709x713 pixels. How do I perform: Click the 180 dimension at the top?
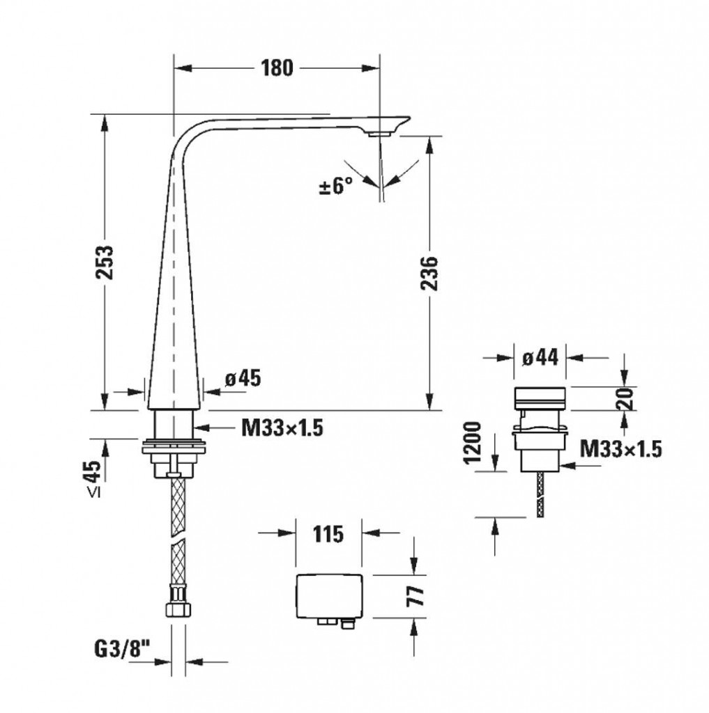click(x=277, y=68)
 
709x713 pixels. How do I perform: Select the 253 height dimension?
click(x=105, y=263)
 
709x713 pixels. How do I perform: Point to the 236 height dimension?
click(x=429, y=273)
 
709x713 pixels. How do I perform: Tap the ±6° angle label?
click(x=336, y=186)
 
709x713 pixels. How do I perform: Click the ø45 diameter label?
click(x=243, y=378)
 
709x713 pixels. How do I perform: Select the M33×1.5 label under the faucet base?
click(x=282, y=428)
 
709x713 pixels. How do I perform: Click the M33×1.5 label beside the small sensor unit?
click(x=620, y=449)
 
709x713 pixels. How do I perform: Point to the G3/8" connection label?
click(x=122, y=650)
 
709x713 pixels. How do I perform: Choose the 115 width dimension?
click(x=328, y=534)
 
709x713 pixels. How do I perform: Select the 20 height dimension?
click(x=627, y=399)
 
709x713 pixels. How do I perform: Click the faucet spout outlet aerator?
click(x=379, y=134)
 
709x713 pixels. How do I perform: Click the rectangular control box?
click(x=329, y=596)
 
